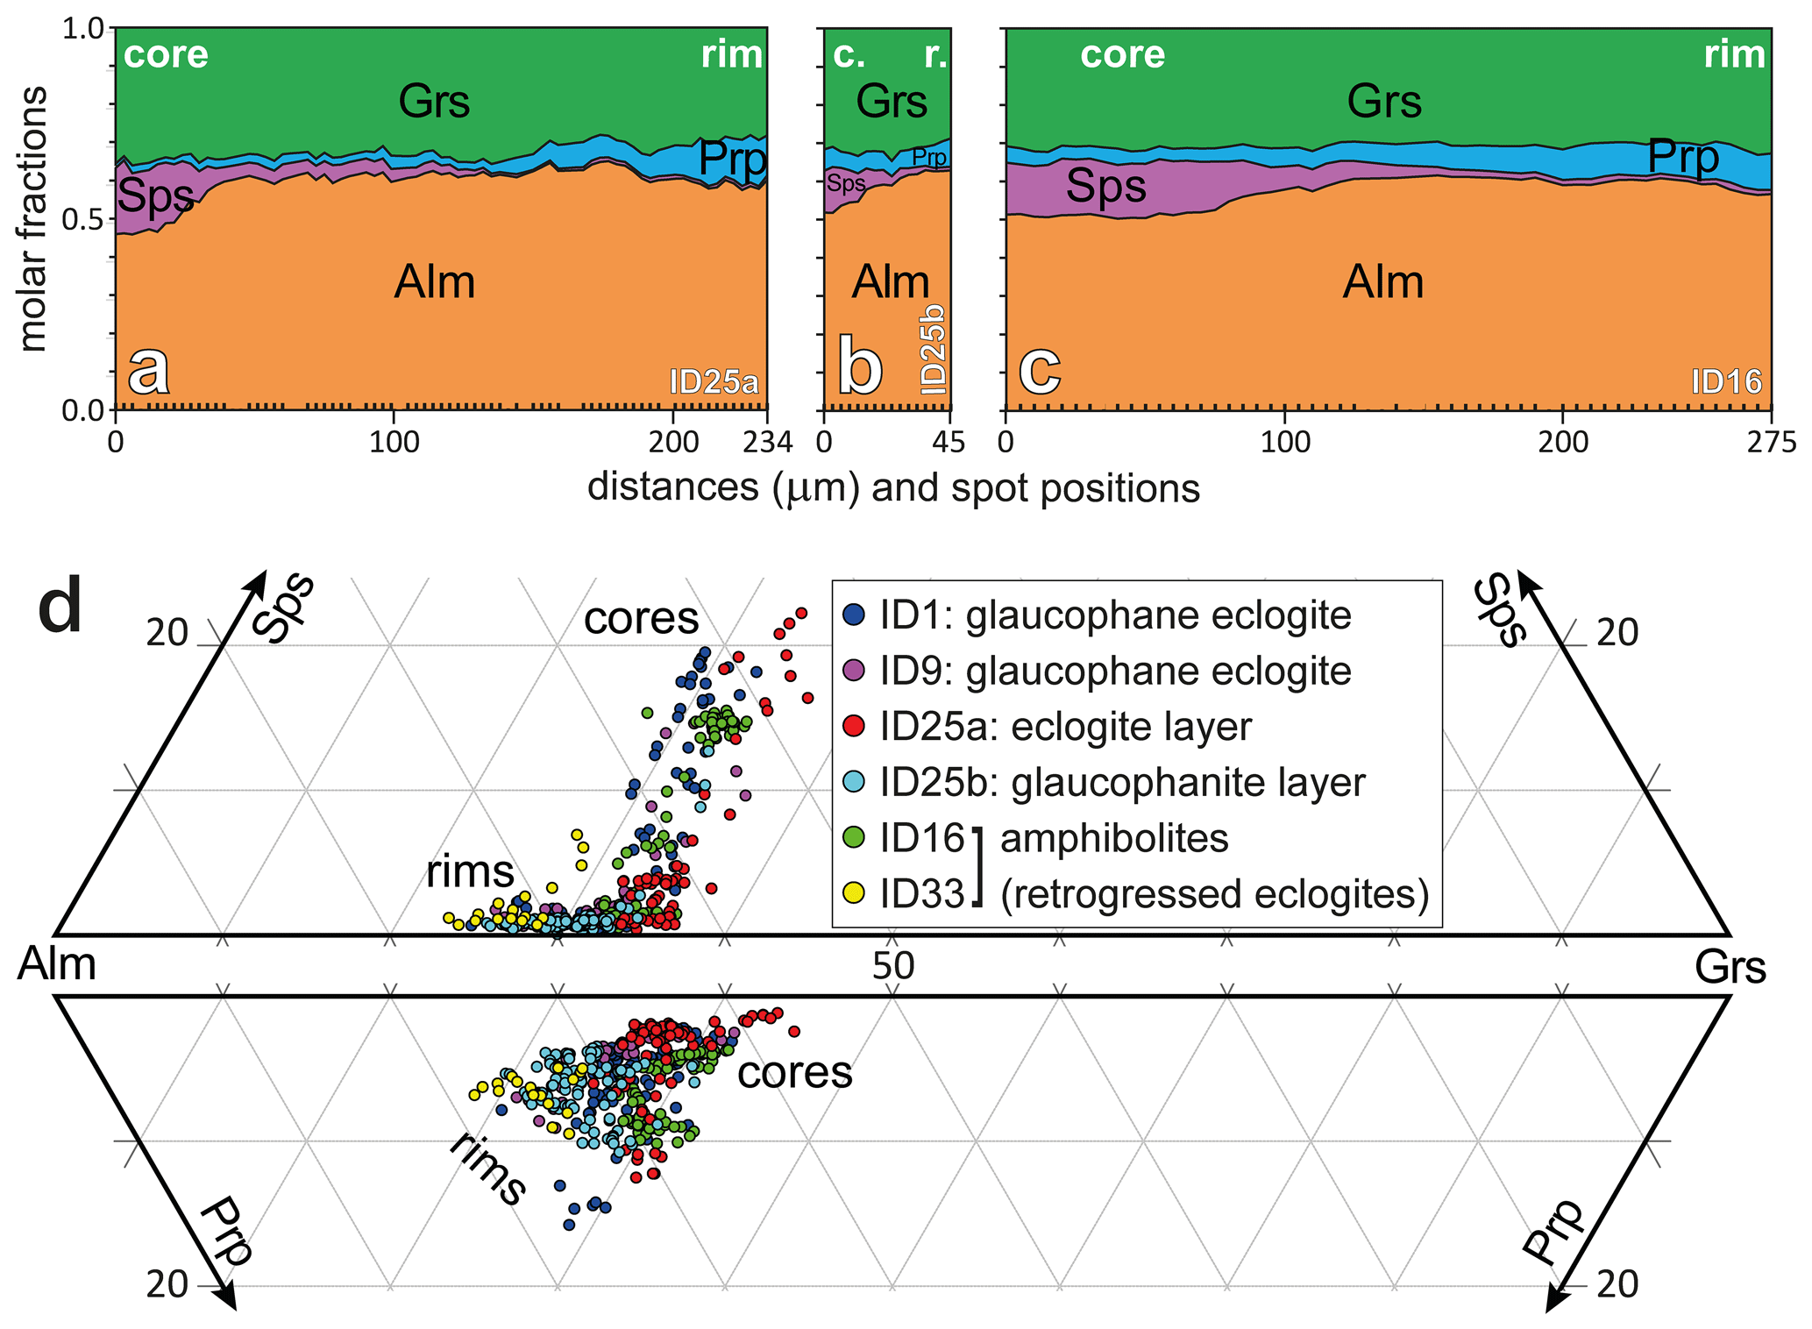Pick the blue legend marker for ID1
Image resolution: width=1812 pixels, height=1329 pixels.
click(854, 615)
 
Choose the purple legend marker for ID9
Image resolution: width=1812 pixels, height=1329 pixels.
click(854, 671)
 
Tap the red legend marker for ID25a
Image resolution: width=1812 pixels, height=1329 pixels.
click(854, 727)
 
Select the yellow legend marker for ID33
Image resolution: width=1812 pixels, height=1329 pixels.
click(854, 893)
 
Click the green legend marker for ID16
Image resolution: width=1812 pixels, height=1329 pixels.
click(854, 838)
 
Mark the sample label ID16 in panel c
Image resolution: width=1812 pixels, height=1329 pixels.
click(1726, 382)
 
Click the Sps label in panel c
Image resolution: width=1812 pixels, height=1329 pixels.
click(1106, 187)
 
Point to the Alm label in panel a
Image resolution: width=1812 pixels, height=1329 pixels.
click(435, 282)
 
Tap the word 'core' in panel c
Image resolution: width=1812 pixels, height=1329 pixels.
click(1122, 55)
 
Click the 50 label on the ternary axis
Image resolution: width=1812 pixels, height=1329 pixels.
click(893, 965)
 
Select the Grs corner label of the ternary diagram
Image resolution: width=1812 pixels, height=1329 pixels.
click(1730, 968)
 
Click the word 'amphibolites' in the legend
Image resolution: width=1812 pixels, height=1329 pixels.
click(1114, 838)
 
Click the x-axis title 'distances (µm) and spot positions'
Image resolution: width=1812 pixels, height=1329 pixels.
click(893, 487)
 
